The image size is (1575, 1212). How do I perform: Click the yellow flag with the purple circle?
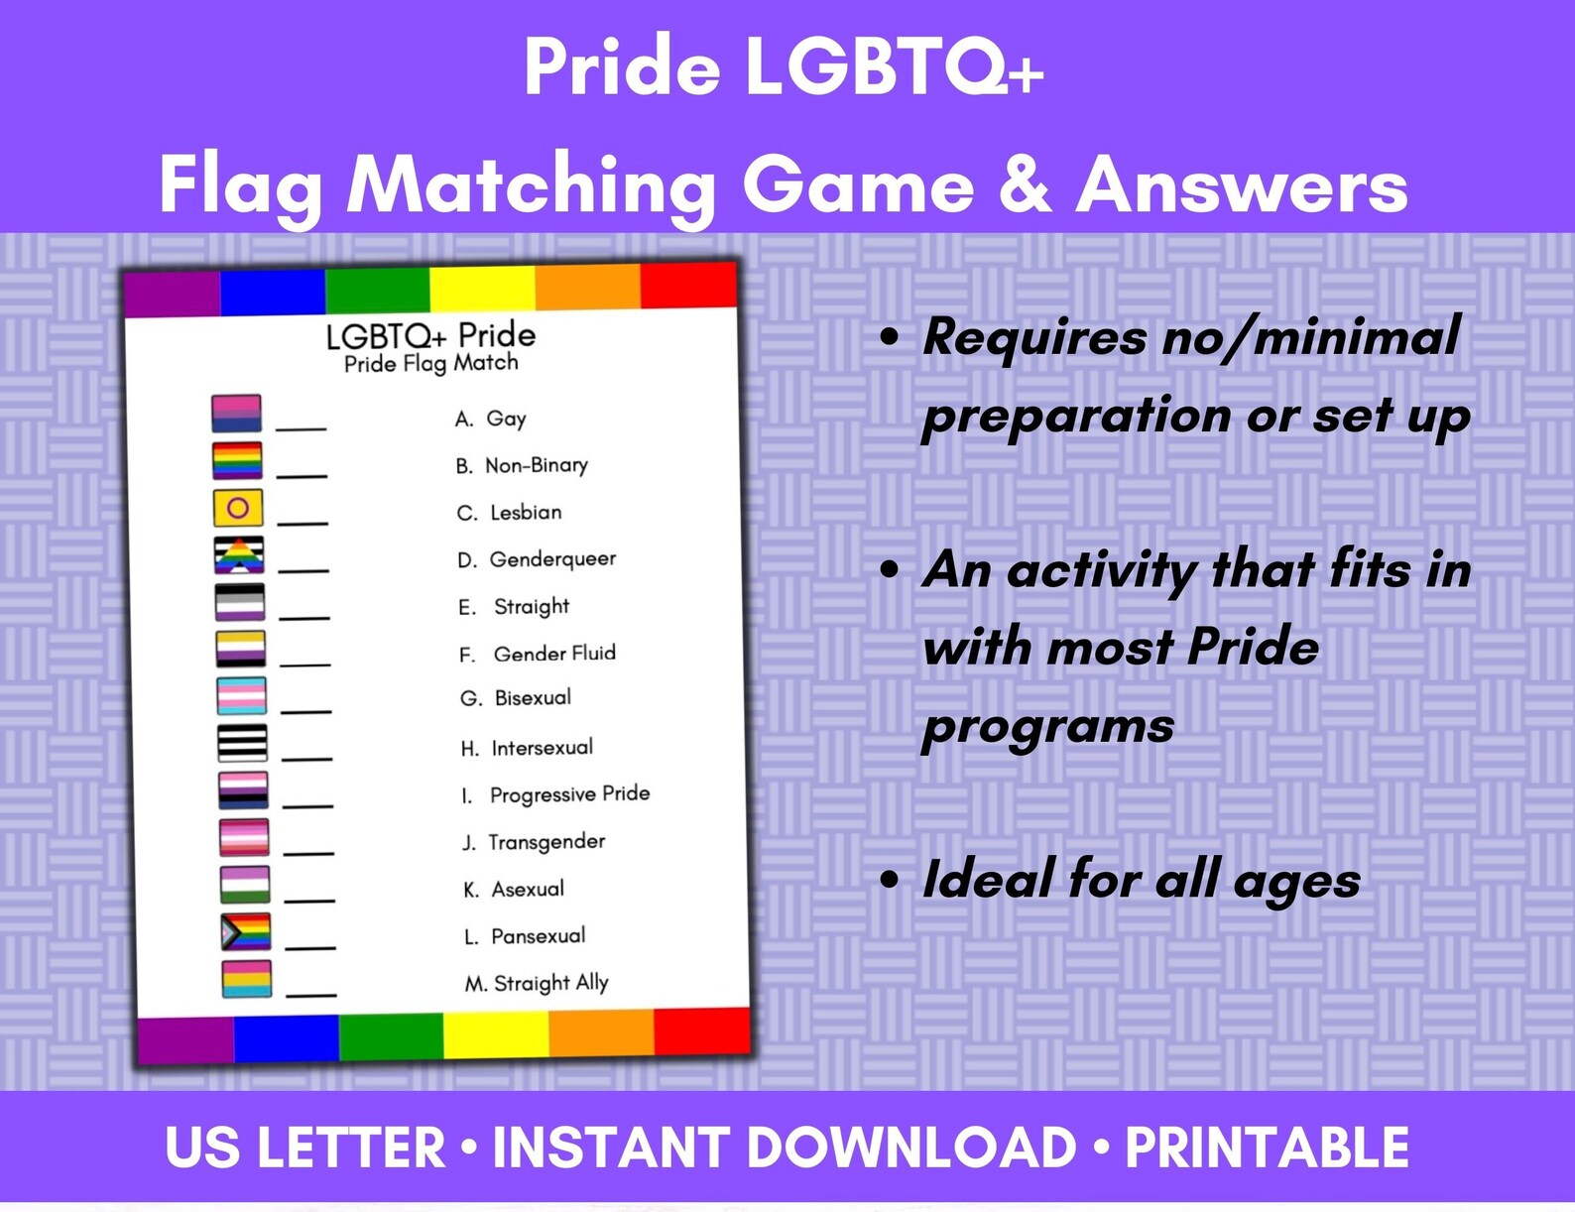pos(238,508)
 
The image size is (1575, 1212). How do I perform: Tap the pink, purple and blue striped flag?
pos(236,413)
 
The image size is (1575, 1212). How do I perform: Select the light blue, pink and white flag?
pos(241,695)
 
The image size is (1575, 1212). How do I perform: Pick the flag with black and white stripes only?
pos(242,743)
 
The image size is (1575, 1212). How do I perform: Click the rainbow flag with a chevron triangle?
pos(245,932)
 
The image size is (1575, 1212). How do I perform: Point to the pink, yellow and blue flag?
pos(246,978)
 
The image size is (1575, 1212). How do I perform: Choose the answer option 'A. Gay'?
pos(491,419)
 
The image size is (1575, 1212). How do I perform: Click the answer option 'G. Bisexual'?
pos(516,698)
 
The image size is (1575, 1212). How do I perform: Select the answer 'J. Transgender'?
pos(534,842)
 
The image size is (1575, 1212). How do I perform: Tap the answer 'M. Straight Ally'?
pos(537,983)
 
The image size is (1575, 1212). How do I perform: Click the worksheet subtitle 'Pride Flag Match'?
pos(431,363)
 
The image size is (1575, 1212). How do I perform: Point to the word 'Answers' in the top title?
pos(1242,186)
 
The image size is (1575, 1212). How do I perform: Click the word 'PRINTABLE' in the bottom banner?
pos(1267,1149)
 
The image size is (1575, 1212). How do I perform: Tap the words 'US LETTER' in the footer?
pos(305,1149)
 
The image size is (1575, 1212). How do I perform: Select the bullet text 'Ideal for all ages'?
pos(1141,880)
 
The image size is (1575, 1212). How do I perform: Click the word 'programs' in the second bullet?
pos(1048,726)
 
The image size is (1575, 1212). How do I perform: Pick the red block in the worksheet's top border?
pos(689,287)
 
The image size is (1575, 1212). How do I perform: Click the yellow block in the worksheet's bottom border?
pos(496,1035)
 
